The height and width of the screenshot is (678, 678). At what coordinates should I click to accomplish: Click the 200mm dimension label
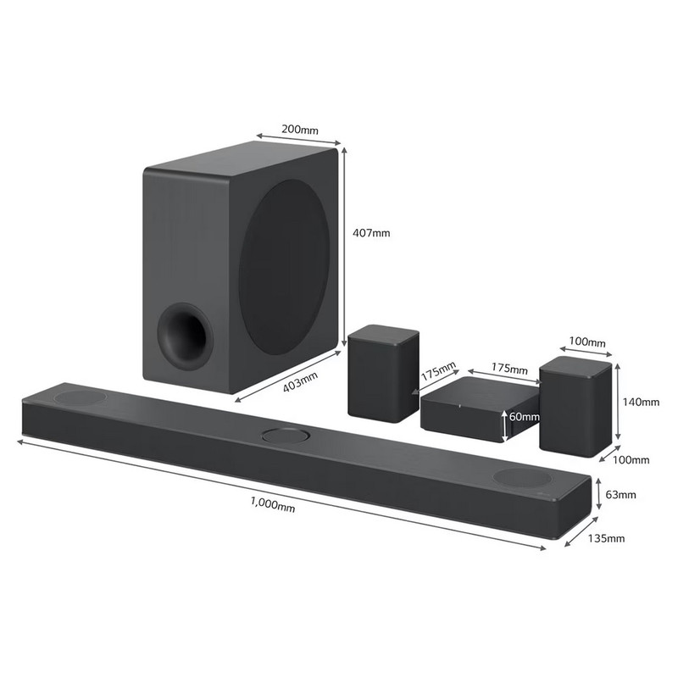300,130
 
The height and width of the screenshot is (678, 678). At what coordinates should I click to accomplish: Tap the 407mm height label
371,233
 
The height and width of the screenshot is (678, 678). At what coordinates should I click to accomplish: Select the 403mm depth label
300,382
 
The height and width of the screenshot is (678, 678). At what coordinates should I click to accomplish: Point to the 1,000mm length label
273,504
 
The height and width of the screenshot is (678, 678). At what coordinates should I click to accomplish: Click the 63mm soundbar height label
620,494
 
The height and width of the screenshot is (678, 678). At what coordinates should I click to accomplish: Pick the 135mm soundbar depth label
606,538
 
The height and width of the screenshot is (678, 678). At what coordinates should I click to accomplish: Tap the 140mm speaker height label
641,402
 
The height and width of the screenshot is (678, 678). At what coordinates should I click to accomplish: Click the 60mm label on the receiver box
524,417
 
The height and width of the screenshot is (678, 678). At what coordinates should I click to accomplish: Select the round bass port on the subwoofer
185,336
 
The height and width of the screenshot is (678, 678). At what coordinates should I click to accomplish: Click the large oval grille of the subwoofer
285,267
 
